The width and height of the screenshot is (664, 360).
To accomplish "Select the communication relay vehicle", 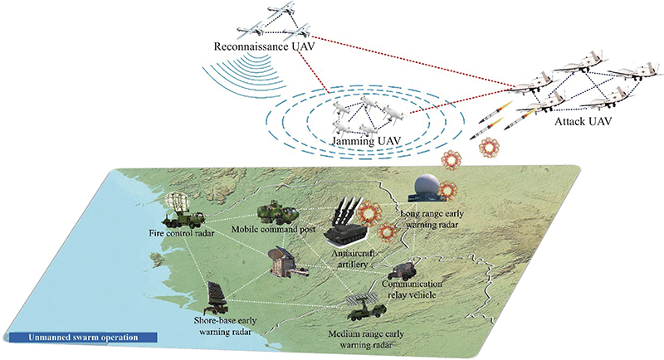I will coord(403,272).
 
